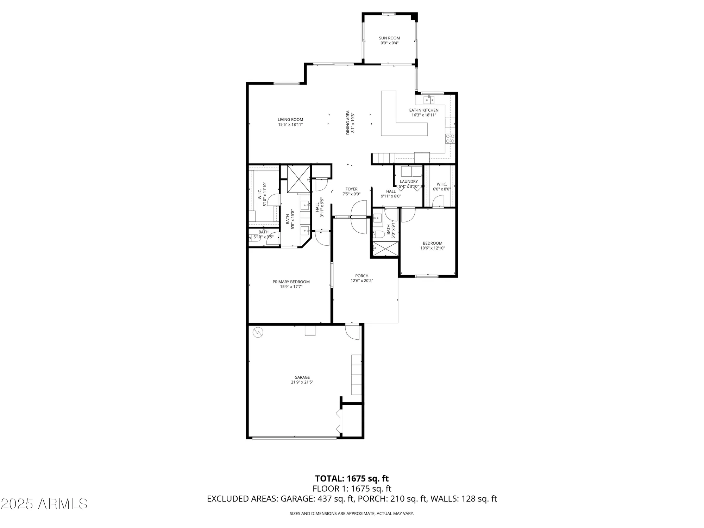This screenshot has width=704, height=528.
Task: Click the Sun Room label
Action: click(x=389, y=38)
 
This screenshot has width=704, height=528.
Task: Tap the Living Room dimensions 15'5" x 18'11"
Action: click(x=290, y=124)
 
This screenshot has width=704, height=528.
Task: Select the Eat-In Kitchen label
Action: click(x=424, y=110)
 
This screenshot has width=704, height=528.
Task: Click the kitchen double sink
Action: click(x=429, y=100)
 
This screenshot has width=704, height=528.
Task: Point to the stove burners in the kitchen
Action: click(x=450, y=139)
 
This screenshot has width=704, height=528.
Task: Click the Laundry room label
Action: click(x=409, y=182)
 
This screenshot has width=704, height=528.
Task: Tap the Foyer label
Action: click(x=351, y=189)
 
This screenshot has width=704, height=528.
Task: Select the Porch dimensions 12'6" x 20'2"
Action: click(x=362, y=281)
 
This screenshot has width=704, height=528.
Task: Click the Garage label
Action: click(x=302, y=377)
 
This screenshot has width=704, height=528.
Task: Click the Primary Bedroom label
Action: click(x=291, y=282)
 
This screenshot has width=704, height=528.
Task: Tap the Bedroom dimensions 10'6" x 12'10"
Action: click(x=433, y=248)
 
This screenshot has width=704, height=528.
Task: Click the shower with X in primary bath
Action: click(x=299, y=178)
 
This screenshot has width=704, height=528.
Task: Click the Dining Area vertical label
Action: click(x=348, y=122)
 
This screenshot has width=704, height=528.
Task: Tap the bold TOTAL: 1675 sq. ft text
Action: click(x=352, y=479)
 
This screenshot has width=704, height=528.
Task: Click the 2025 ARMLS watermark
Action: click(x=44, y=504)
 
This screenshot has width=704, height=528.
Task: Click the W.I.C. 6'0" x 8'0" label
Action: click(x=441, y=184)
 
